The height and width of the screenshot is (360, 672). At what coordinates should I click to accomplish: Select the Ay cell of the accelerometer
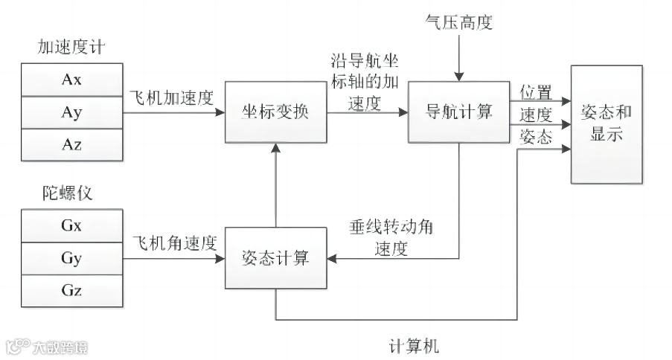pyautogui.click(x=71, y=113)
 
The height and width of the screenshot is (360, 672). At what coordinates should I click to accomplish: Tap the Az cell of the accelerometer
pyautogui.click(x=71, y=144)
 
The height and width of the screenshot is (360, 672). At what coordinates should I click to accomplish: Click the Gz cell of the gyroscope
pyautogui.click(x=71, y=290)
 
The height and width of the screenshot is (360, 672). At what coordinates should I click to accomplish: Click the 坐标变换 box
pyautogui.click(x=275, y=113)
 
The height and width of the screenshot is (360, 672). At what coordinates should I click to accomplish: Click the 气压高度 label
pyautogui.click(x=458, y=22)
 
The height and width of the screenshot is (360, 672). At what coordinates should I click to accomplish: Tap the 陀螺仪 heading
pyautogui.click(x=66, y=195)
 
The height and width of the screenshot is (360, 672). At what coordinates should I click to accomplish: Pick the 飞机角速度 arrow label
pyautogui.click(x=173, y=244)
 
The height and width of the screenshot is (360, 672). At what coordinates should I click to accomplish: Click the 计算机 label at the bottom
pyautogui.click(x=414, y=347)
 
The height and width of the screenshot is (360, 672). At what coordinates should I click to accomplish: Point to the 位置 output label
pyautogui.click(x=535, y=92)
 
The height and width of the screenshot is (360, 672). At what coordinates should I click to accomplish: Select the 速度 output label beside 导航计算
pyautogui.click(x=535, y=115)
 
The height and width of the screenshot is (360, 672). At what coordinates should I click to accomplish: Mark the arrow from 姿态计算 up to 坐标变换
pyautogui.click(x=276, y=185)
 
